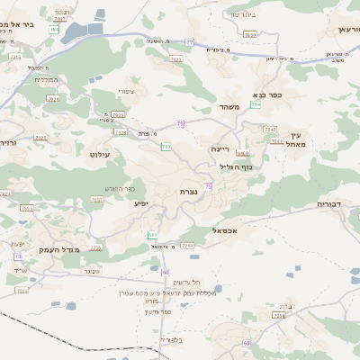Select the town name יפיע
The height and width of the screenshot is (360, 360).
coord(141,203)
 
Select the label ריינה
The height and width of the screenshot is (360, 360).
coord(220,148)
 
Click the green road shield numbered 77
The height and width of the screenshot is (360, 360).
coord(189,41)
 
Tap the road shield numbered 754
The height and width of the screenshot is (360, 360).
coord(256,105)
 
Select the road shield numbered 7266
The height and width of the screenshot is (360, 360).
coord(187,245)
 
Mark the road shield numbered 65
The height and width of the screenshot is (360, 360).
coord(246,343)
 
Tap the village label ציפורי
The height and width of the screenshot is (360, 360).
coord(125,92)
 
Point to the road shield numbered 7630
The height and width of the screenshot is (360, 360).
coord(249,35)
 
